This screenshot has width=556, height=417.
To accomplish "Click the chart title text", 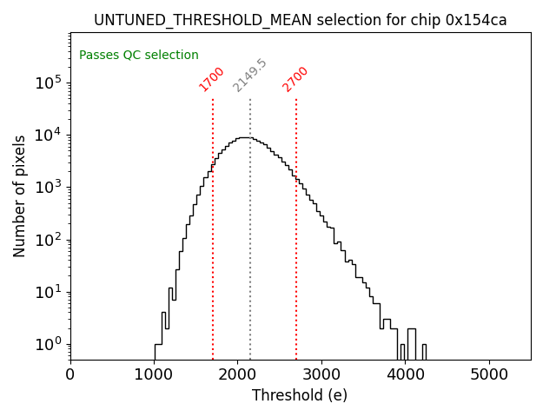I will (300, 20).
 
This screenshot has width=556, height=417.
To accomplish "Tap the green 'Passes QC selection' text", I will (139, 55).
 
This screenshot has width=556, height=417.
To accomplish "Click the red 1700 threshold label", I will (212, 78).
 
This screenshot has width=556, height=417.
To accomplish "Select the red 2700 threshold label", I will (295, 78).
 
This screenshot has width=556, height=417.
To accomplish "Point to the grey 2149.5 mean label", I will (250, 76).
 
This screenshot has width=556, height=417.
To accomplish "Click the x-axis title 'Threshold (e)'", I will (300, 395).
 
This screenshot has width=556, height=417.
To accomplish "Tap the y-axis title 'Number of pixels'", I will (20, 195).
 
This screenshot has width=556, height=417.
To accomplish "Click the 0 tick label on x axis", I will (70, 374).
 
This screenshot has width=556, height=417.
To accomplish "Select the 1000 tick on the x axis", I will (154, 374).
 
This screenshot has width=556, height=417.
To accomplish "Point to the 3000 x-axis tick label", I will (321, 374).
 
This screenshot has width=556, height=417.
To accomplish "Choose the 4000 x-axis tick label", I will (405, 374).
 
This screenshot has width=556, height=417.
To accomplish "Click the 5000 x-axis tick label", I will (489, 374).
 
